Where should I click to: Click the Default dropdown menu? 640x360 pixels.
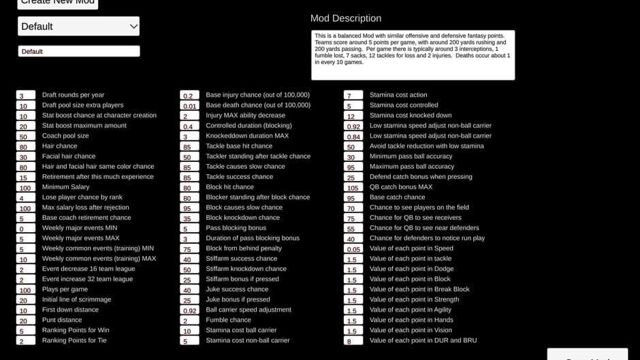(78, 27)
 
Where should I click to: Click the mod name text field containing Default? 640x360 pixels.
(78, 51)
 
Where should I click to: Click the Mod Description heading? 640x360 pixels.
(346, 18)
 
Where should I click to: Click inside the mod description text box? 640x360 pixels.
(413, 55)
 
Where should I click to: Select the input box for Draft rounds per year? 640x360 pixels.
(26, 95)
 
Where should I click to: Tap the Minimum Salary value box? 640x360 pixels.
(26, 187)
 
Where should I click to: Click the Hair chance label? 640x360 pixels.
(60, 146)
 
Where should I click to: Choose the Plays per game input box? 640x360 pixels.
(26, 289)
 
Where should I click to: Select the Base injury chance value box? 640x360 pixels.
(189, 95)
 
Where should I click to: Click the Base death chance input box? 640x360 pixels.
(189, 105)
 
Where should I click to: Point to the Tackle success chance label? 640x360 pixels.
(240, 177)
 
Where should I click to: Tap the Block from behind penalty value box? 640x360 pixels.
(189, 248)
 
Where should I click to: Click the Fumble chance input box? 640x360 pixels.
(189, 320)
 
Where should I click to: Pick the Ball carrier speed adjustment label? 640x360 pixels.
(249, 310)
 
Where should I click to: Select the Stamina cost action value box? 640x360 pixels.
(353, 95)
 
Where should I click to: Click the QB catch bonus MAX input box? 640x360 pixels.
(353, 187)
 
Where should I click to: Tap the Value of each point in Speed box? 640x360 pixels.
(353, 248)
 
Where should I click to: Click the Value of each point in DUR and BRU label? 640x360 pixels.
(423, 340)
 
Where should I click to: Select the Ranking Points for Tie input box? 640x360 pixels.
(26, 340)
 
